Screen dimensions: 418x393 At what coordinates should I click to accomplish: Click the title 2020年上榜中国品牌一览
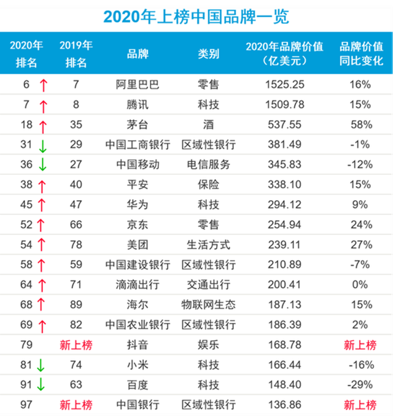point(196,16)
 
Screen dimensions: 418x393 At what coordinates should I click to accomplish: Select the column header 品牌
point(138,53)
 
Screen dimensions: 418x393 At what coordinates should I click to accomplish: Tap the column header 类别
point(209,53)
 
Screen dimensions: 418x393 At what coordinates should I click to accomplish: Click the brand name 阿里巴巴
point(138,85)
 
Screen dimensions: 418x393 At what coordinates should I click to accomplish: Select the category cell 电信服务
point(209,164)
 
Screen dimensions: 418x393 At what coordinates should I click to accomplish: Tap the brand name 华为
point(138,205)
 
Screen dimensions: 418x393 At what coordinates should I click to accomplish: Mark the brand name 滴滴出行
point(138,285)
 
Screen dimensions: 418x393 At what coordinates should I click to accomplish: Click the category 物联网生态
point(209,305)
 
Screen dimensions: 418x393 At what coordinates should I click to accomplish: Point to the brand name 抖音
point(138,345)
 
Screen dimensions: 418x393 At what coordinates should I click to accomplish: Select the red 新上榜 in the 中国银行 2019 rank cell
point(76,404)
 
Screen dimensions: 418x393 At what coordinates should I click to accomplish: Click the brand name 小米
point(138,365)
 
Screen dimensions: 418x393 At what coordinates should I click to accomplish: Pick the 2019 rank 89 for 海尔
point(76,305)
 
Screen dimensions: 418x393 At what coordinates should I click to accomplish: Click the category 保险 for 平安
point(209,185)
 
